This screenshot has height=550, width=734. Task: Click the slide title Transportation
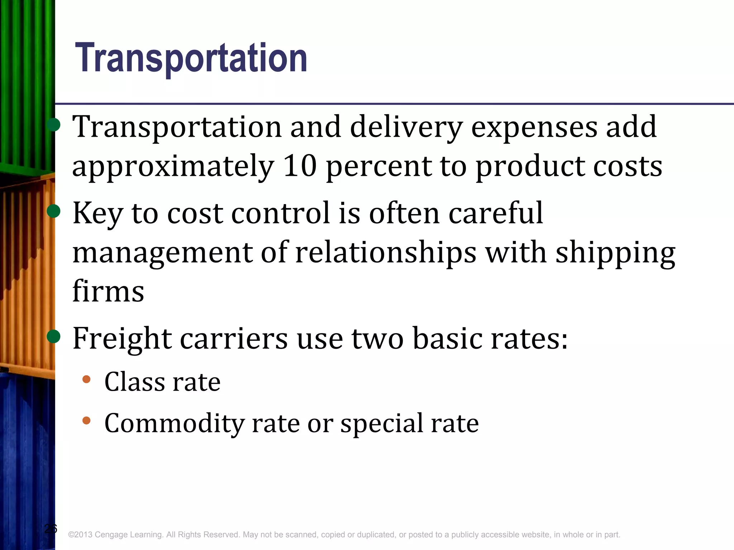click(191, 58)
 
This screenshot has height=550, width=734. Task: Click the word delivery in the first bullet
click(406, 127)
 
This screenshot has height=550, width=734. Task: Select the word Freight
click(122, 339)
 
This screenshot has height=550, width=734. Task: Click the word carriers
click(234, 339)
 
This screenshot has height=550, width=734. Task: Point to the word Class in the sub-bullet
click(134, 382)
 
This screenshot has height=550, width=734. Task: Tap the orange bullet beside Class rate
click(86, 379)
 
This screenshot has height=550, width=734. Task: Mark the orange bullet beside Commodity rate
click(86, 420)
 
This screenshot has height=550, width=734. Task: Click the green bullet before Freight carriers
click(54, 336)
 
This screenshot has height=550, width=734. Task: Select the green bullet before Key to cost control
click(54, 211)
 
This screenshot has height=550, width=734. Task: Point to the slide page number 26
click(51, 529)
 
